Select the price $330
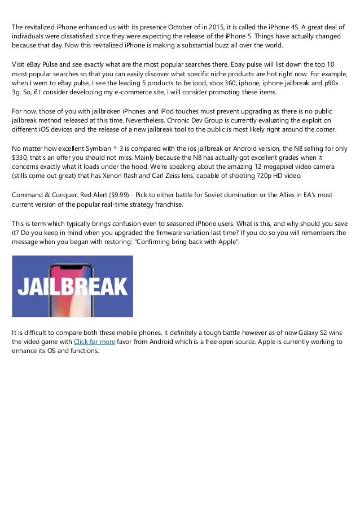pyautogui.click(x=21, y=158)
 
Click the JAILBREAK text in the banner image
pyautogui.click(x=72, y=287)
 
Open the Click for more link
pyautogui.click(x=94, y=342)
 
